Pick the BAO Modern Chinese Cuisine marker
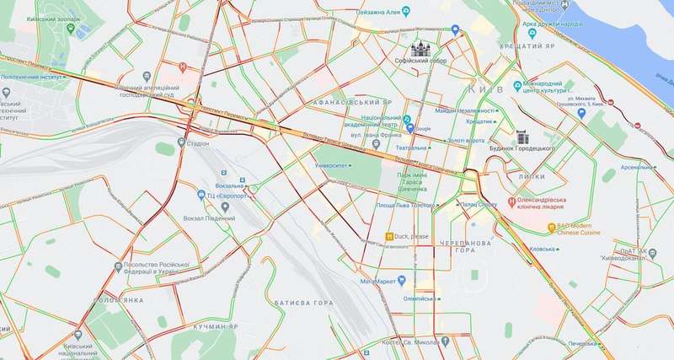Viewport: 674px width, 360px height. (552, 226)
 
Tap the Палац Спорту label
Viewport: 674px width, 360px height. (479, 204)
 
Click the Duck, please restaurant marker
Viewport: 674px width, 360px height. (389, 236)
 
